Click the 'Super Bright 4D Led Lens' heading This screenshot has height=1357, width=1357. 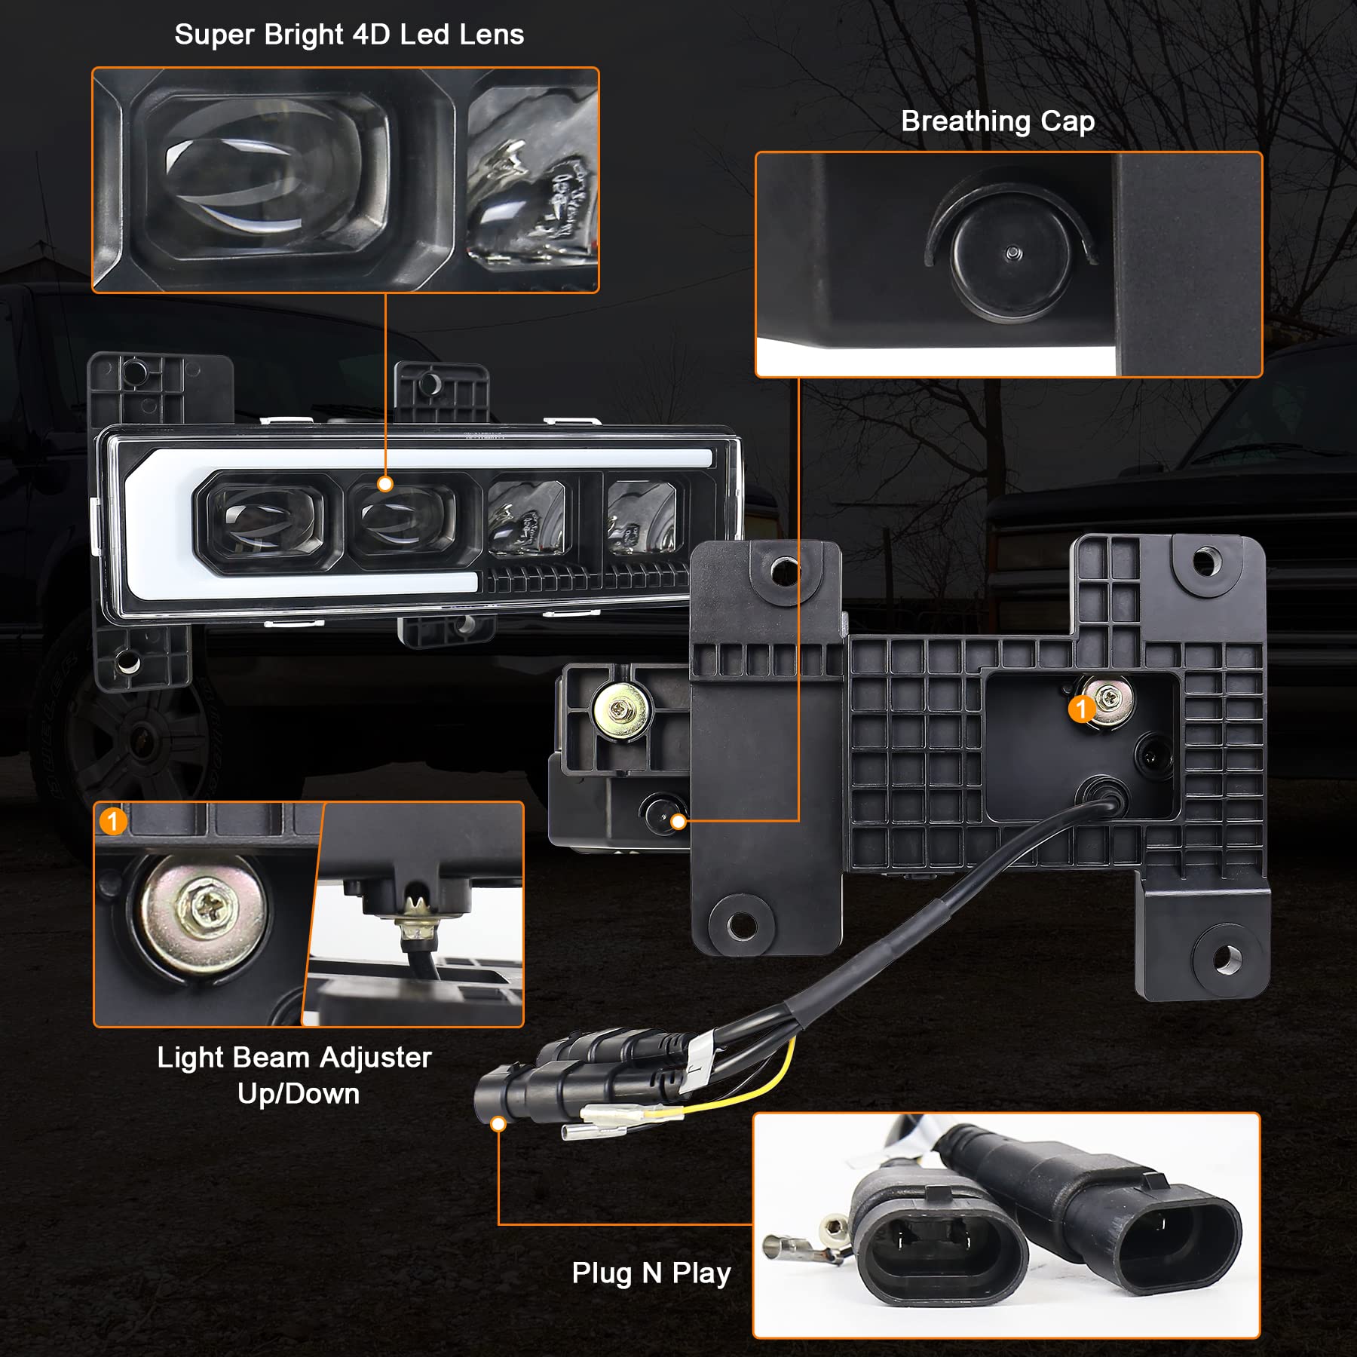pos(349,35)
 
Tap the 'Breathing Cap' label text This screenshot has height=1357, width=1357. pos(997,121)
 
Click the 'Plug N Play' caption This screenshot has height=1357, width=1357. pos(651,1273)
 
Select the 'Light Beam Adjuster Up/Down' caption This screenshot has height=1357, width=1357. pos(295,1074)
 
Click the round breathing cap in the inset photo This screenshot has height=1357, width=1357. pos(1011,253)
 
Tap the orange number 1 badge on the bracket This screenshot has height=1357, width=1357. pos(1082,709)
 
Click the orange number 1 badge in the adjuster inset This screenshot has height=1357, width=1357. pos(113,821)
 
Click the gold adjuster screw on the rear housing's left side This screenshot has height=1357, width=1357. pos(620,709)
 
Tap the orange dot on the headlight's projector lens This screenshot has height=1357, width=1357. pos(385,484)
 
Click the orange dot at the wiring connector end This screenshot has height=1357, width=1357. pos(498,1124)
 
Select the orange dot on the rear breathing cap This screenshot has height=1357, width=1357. pos(678,821)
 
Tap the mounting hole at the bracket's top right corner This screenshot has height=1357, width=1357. pos(1206,561)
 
